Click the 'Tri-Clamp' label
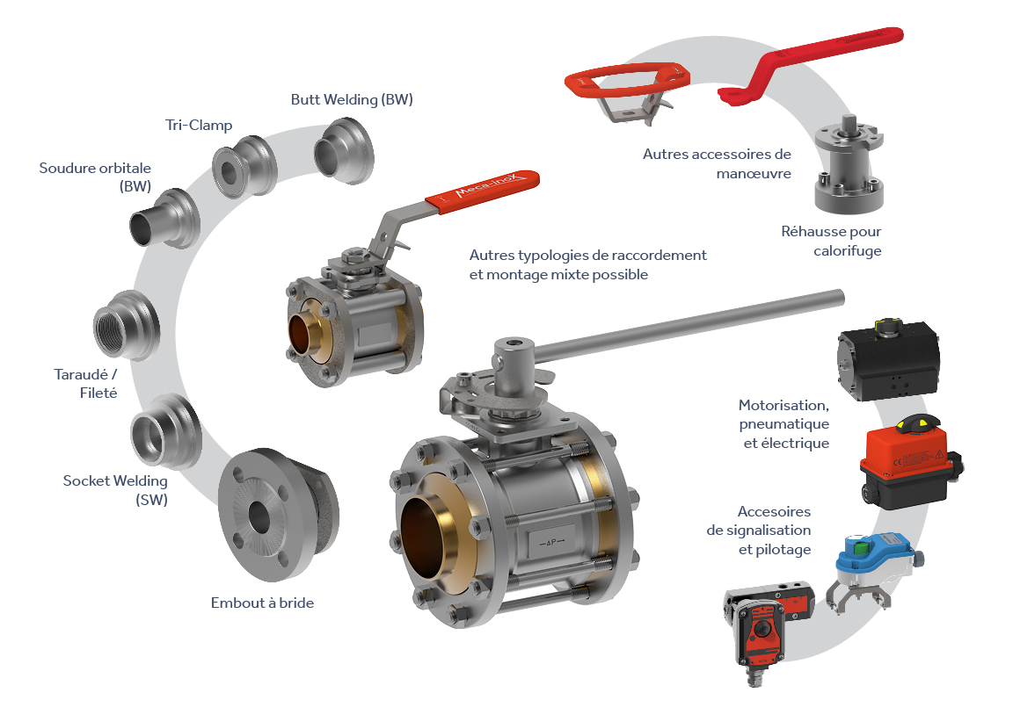click(199, 126)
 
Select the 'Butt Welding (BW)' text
click(352, 99)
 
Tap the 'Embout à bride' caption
click(262, 603)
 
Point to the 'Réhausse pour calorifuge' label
click(831, 241)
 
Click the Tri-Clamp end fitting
click(244, 166)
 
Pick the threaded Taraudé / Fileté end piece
click(127, 325)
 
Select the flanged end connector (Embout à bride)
click(278, 514)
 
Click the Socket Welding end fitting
click(165, 431)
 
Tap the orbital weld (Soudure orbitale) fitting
click(164, 219)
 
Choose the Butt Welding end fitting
click(344, 151)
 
